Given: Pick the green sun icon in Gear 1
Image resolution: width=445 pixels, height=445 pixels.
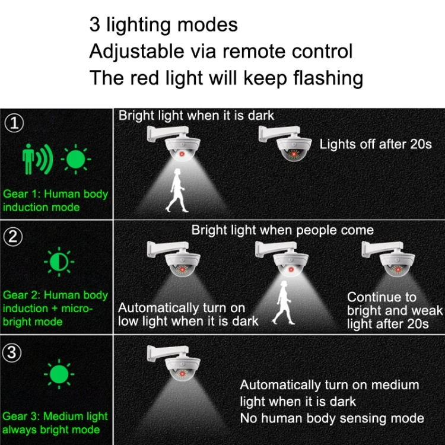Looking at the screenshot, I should (75, 159).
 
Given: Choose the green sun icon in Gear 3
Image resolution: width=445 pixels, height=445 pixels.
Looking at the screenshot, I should (59, 375).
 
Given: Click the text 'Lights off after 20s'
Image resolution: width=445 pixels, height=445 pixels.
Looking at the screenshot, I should (376, 144).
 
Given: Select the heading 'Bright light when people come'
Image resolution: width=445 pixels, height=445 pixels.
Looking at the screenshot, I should (282, 230).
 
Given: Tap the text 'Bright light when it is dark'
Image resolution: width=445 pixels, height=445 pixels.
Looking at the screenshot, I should (196, 115).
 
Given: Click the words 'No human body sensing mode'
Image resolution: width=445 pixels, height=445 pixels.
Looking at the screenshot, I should (332, 418).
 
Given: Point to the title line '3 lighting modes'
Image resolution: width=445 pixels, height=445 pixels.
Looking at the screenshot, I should (163, 24).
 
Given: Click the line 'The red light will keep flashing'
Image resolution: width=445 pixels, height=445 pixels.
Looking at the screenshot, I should (226, 77).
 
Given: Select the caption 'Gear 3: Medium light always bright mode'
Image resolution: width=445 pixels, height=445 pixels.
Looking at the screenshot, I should (55, 423).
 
